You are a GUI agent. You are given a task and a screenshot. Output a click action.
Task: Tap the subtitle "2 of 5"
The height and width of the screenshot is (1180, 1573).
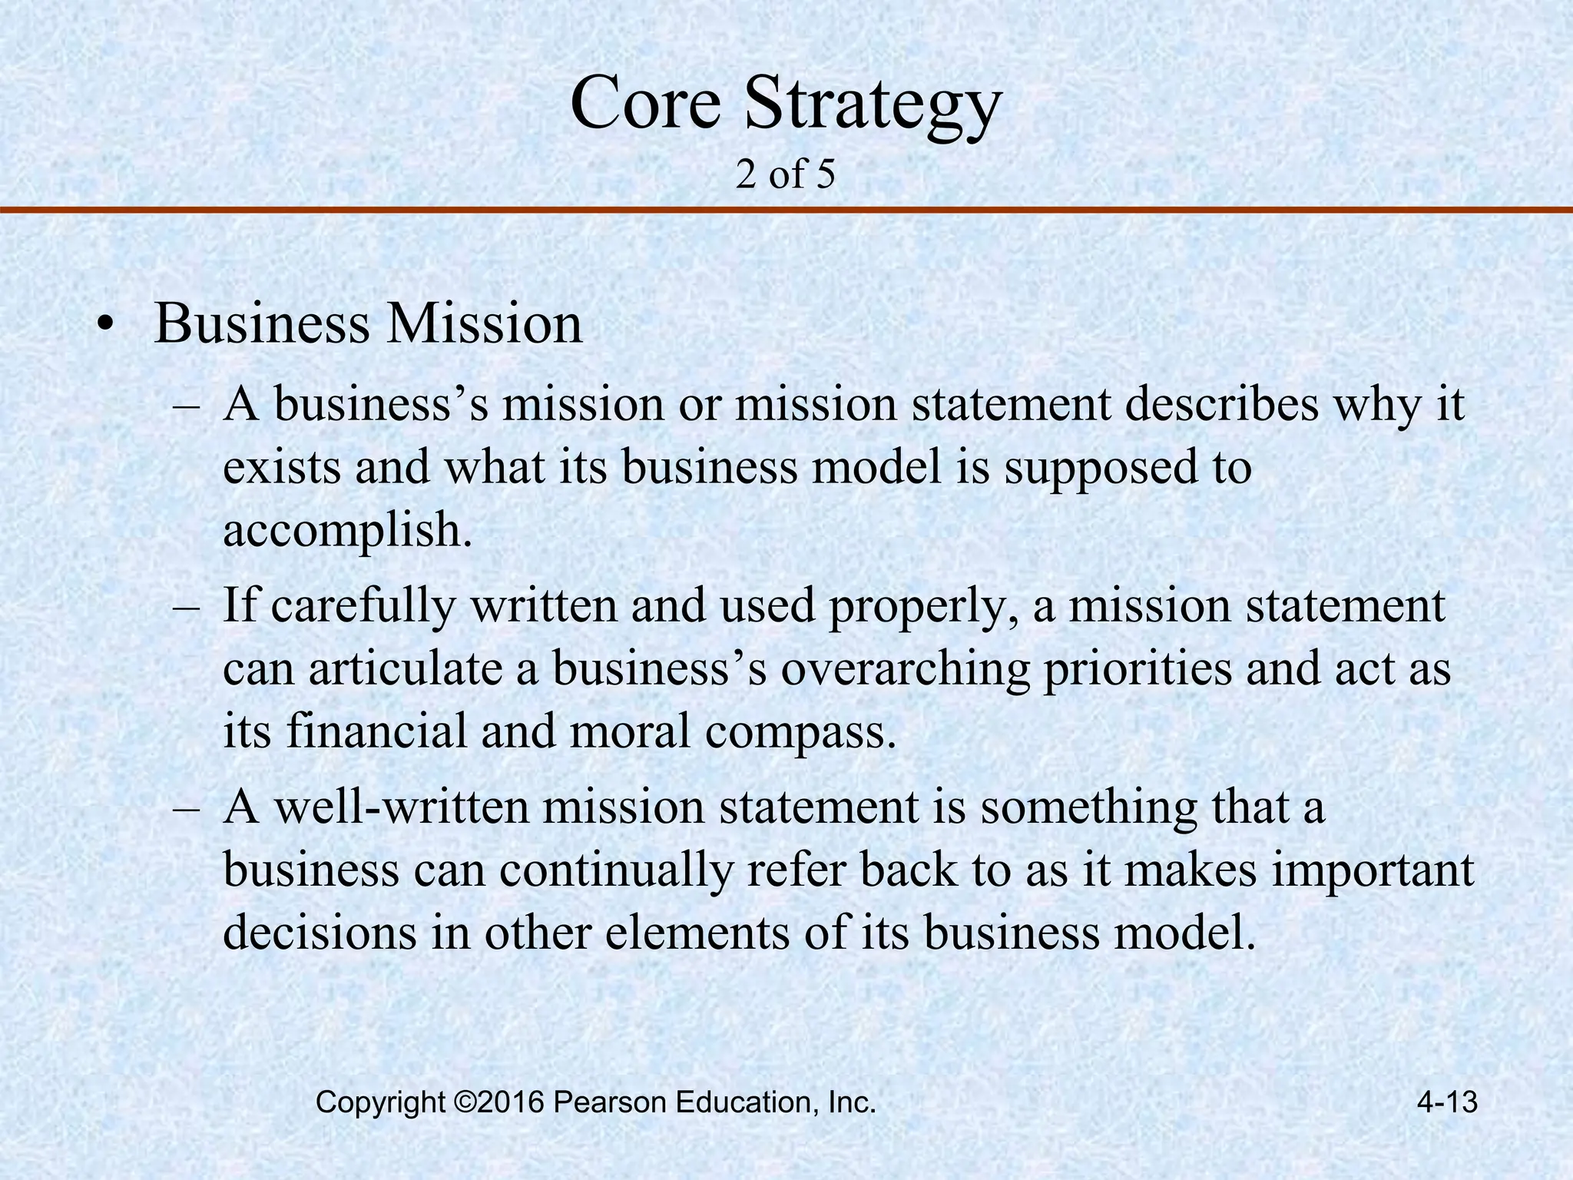[785, 175]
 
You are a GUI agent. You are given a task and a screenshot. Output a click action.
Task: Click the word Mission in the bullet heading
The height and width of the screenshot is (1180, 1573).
[484, 324]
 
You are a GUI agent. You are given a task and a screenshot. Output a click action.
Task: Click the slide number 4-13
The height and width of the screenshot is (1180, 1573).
[1447, 1103]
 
